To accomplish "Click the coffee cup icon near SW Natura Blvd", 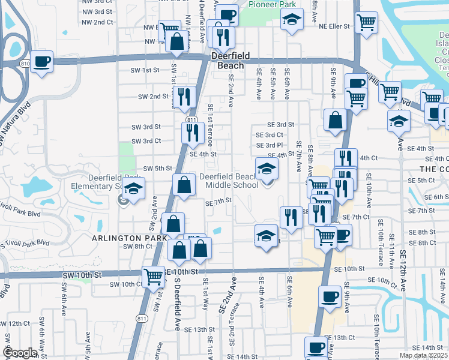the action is coord(41,62).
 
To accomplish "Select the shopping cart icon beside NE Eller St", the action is coord(366,23).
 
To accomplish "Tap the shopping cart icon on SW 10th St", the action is coord(154,277).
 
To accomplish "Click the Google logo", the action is coord(19,353).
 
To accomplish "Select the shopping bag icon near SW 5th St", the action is coord(184,186).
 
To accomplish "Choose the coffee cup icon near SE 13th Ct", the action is coord(316,347).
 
